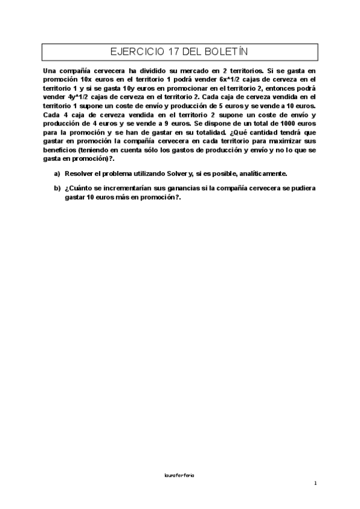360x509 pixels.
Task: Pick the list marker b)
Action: [x=57, y=188]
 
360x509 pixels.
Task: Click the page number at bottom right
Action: [x=315, y=483]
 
